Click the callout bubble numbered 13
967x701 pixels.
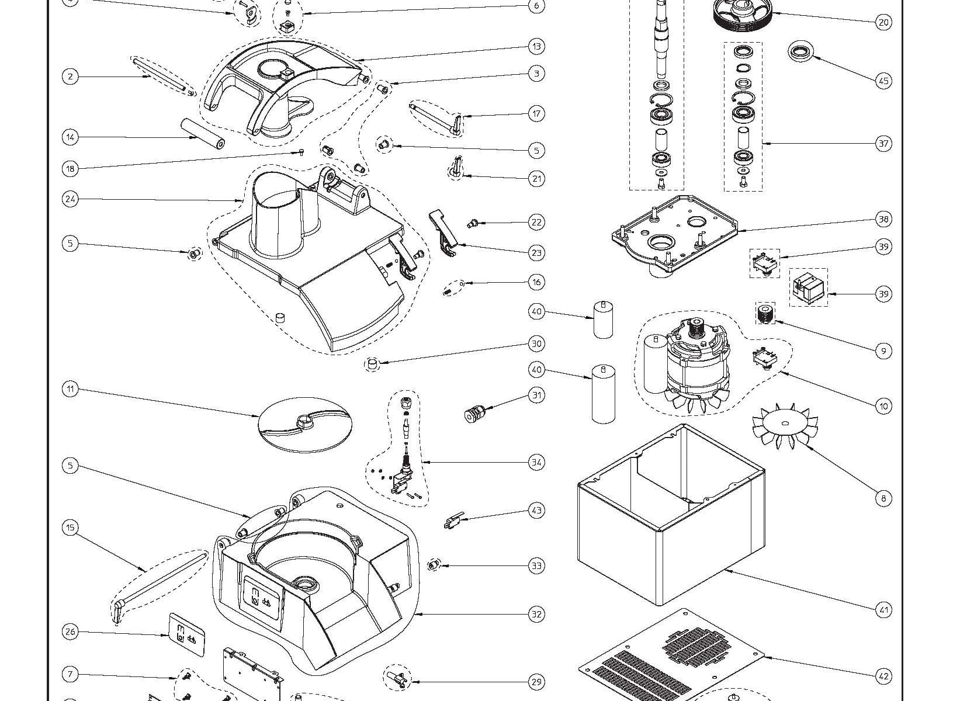pos(536,46)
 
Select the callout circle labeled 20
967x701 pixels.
pos(883,22)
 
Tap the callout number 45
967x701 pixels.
pos(883,81)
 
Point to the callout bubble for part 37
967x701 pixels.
pos(883,143)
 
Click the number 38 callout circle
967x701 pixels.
pos(883,219)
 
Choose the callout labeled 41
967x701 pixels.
pos(883,610)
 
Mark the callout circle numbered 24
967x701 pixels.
pos(70,199)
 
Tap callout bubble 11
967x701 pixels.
pos(70,390)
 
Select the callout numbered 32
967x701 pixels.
pos(536,614)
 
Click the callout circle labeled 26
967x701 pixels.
pos(70,631)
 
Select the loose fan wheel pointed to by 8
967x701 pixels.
pos(784,426)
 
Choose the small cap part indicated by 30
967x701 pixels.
pos(372,364)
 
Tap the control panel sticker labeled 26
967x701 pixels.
pos(186,634)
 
